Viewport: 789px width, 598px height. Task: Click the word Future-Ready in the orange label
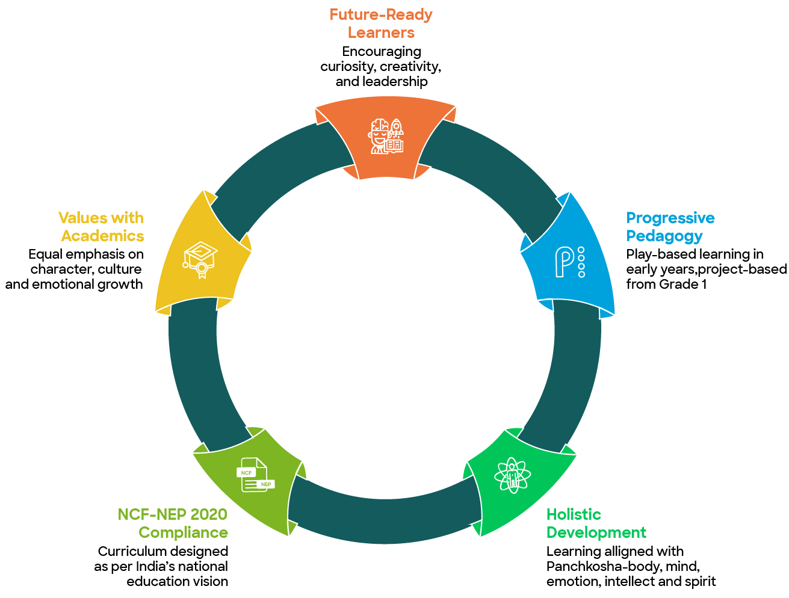click(x=381, y=14)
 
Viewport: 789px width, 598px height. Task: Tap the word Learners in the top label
click(x=381, y=32)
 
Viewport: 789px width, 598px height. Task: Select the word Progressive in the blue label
click(x=670, y=218)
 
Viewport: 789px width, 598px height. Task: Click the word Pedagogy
click(x=664, y=236)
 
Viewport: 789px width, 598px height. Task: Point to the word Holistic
click(x=574, y=514)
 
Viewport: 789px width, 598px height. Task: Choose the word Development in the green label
click(x=596, y=532)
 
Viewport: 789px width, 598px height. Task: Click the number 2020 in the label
click(x=209, y=514)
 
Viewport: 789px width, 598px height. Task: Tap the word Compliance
click(x=183, y=532)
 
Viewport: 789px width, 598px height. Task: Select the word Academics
click(x=102, y=236)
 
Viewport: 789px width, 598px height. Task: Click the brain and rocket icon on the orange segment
click(x=386, y=137)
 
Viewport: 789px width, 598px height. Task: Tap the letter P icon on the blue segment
click(x=569, y=262)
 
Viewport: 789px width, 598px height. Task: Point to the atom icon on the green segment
click(x=512, y=475)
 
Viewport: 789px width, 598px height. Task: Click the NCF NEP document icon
click(x=255, y=475)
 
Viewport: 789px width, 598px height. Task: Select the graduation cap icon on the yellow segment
click(x=200, y=260)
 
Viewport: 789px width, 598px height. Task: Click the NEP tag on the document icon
click(x=265, y=484)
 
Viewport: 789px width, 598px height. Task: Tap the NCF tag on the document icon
click(x=246, y=473)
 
